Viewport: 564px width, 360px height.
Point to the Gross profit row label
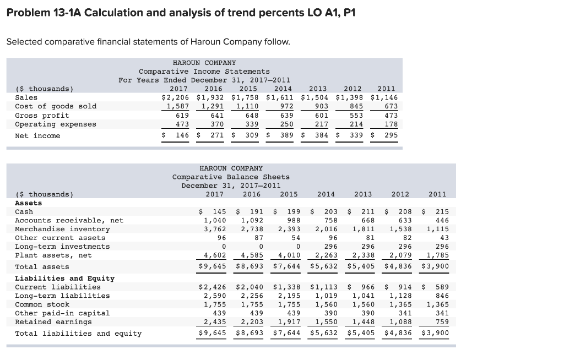[x=42, y=116]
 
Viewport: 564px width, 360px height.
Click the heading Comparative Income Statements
[x=204, y=72]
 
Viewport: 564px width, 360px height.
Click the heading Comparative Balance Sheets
[x=231, y=177]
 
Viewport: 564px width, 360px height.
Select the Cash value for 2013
[x=358, y=212]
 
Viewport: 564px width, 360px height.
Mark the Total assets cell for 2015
[x=285, y=267]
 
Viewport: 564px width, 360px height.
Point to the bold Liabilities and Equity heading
[x=64, y=278]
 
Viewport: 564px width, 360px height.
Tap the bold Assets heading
[x=28, y=203]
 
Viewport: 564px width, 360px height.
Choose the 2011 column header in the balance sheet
[x=437, y=194]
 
